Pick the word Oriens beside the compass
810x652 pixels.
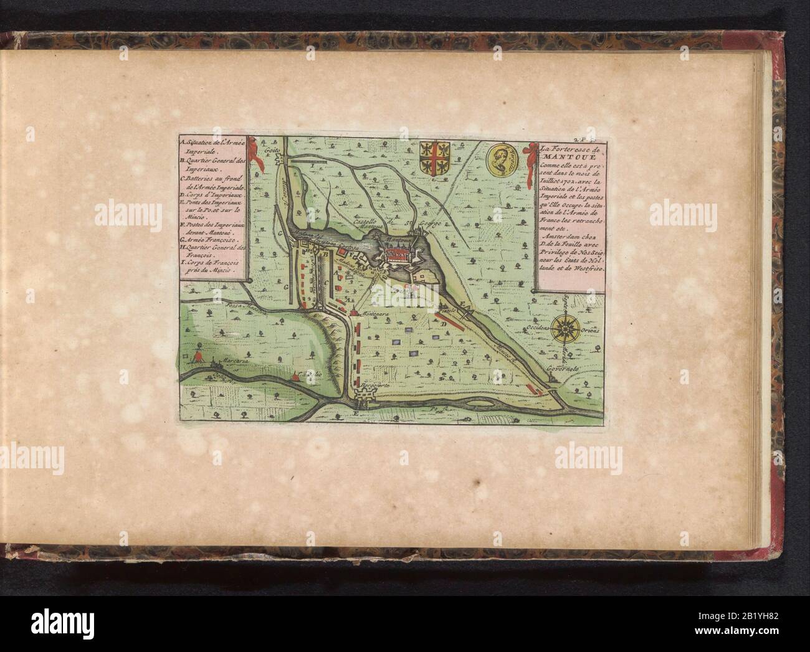tap(591, 331)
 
